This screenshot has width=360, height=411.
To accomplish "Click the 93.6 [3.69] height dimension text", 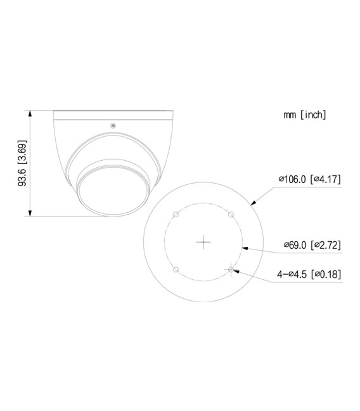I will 22,163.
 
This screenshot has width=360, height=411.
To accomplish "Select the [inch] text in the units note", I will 314,115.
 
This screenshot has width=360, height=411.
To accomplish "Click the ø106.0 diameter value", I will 292,179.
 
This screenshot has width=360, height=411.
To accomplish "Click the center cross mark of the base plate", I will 203,242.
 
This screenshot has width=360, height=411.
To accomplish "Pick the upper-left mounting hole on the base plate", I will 176,215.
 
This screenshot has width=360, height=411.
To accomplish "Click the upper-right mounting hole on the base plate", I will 231,215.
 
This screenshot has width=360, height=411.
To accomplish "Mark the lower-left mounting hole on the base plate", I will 176,270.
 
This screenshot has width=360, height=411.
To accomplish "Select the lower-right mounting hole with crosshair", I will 231,270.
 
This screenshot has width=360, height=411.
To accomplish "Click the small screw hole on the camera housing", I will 113,124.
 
